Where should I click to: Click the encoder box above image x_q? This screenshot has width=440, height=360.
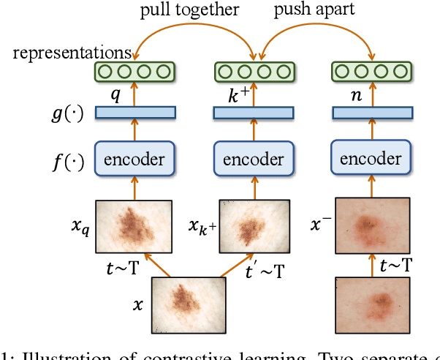pyautogui.click(x=134, y=160)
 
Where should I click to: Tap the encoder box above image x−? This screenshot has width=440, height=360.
pyautogui.click(x=371, y=159)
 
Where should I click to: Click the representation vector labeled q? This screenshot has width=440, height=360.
pyautogui.click(x=134, y=72)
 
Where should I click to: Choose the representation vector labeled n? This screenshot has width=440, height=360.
pyautogui.click(x=371, y=72)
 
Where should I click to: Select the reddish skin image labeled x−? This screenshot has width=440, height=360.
pyautogui.click(x=371, y=224)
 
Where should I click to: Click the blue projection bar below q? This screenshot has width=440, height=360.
pyautogui.click(x=134, y=112)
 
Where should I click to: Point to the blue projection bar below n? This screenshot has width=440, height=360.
pyautogui.click(x=371, y=112)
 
